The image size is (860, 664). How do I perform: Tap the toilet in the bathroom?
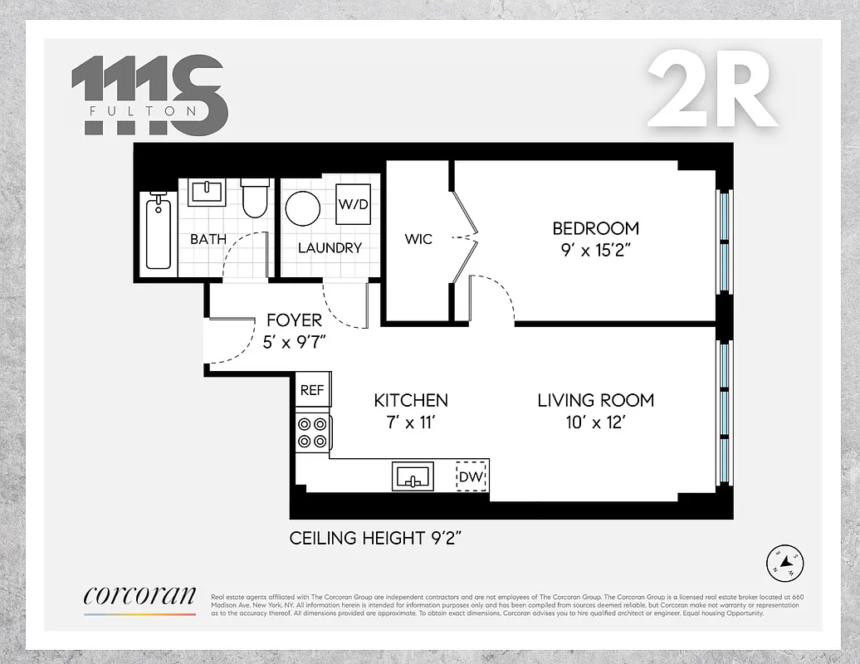point(254,197)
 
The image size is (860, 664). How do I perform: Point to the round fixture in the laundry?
point(303,208)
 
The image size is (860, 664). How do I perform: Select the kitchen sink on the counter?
point(413,477)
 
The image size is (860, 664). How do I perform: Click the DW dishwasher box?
point(471,478)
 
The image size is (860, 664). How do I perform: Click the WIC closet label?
point(418,239)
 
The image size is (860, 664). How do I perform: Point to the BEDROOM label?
point(596,227)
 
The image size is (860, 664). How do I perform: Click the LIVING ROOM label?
point(595,400)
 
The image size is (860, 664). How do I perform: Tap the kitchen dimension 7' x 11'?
point(411,422)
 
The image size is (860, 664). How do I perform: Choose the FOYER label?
point(294,320)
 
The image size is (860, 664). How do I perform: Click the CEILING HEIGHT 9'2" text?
point(375,538)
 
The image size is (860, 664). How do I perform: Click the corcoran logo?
point(139,595)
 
